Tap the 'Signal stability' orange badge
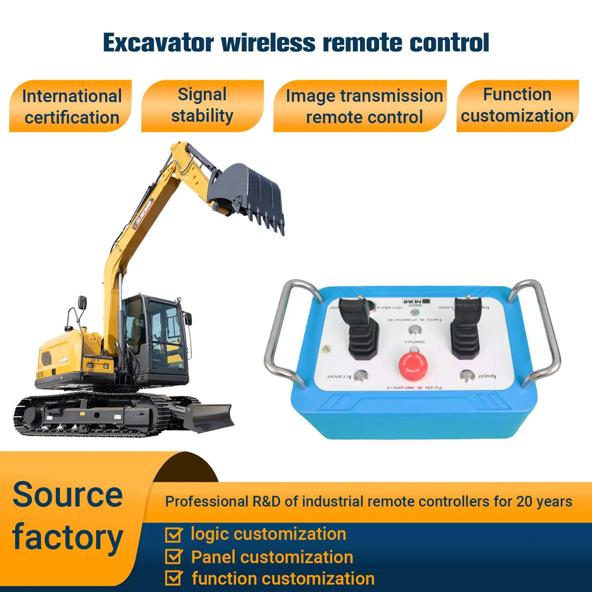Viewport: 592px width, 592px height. tap(202, 106)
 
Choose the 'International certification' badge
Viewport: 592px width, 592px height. tap(71, 107)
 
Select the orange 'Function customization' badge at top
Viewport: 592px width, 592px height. tap(517, 106)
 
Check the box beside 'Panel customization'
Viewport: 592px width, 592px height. tap(174, 556)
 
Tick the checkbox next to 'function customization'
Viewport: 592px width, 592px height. tap(174, 578)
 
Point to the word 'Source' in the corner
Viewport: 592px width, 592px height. tap(68, 495)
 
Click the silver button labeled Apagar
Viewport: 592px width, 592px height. tap(467, 376)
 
